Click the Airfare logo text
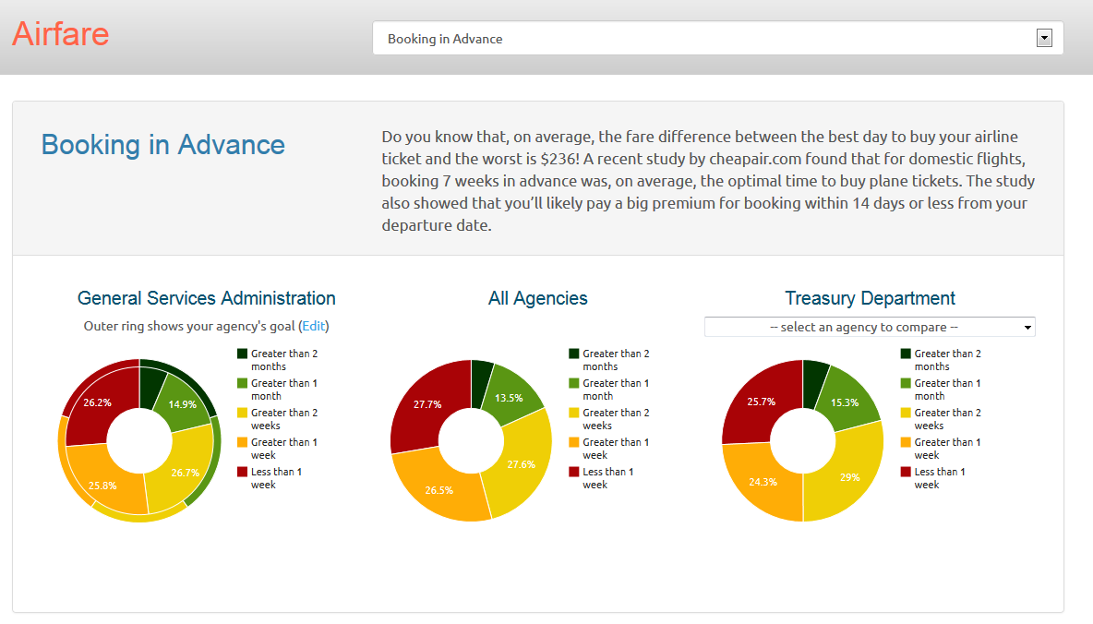(61, 34)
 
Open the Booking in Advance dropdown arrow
(1044, 38)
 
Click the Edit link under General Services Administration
(314, 326)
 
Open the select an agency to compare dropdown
(869, 327)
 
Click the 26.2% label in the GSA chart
(97, 402)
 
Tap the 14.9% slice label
(182, 404)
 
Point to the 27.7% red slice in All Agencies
(427, 404)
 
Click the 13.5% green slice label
(509, 398)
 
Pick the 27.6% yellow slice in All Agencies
(522, 464)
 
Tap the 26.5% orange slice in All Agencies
(438, 490)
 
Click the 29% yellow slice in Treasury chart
(849, 477)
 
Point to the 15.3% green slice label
(844, 402)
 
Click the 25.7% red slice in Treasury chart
(760, 402)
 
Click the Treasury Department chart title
(870, 298)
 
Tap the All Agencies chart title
(537, 298)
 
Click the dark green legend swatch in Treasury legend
(906, 354)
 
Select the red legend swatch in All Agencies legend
(574, 472)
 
